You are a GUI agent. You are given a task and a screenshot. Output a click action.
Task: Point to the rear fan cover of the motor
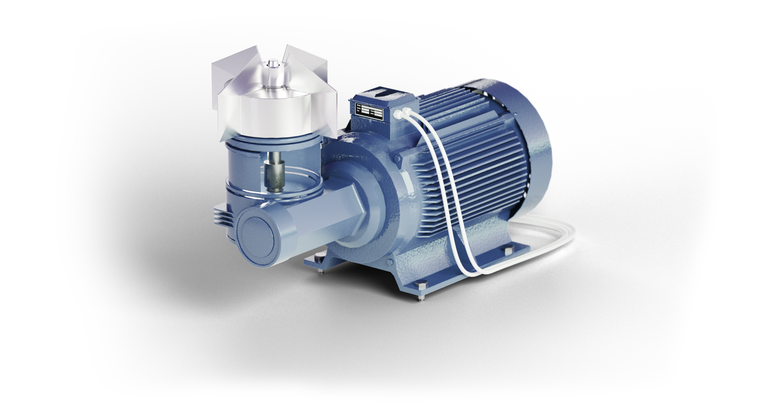click(523, 146)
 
